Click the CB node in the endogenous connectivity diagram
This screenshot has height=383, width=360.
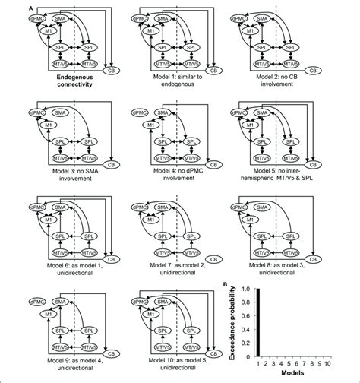pos(112,73)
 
